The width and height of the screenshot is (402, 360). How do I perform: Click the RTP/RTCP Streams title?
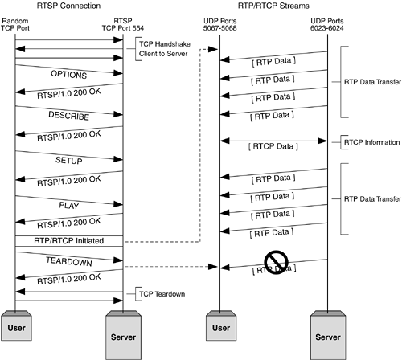[x=273, y=7]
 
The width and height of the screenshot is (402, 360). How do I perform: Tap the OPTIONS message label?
[x=68, y=73]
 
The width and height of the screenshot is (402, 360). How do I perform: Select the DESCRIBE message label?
[x=68, y=116]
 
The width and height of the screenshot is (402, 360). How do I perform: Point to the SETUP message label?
[x=68, y=160]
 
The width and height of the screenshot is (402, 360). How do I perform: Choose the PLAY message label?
[x=68, y=204]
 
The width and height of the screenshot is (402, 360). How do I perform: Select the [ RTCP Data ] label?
[x=274, y=145]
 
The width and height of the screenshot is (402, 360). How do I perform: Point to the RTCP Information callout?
[x=371, y=142]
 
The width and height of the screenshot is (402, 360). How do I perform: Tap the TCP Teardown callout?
[x=162, y=293]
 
